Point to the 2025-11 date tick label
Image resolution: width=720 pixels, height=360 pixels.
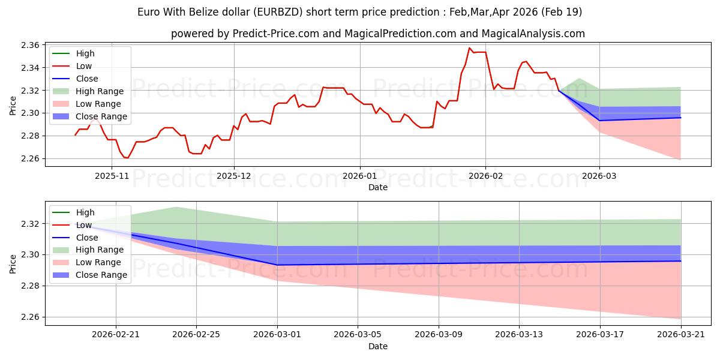[x=112, y=176]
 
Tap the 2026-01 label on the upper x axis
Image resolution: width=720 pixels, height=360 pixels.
[x=359, y=176]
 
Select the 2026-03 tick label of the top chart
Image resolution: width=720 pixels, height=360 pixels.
[x=599, y=176]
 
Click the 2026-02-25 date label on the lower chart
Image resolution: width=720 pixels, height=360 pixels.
[x=196, y=335]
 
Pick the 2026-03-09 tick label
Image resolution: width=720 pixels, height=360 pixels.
[x=439, y=335]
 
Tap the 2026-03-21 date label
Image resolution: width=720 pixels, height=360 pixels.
[x=681, y=335]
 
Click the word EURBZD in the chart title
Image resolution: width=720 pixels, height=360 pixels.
[x=278, y=12]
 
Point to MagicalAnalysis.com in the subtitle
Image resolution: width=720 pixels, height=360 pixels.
[x=533, y=34]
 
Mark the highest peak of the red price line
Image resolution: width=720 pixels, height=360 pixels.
[x=469, y=48]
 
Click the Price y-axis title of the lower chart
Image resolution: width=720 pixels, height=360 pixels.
[x=13, y=264]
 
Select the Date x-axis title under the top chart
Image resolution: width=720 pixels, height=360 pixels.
[x=378, y=187]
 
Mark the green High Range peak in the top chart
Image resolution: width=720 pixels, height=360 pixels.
[x=579, y=78]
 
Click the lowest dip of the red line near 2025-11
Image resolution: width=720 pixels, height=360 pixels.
[x=127, y=158]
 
